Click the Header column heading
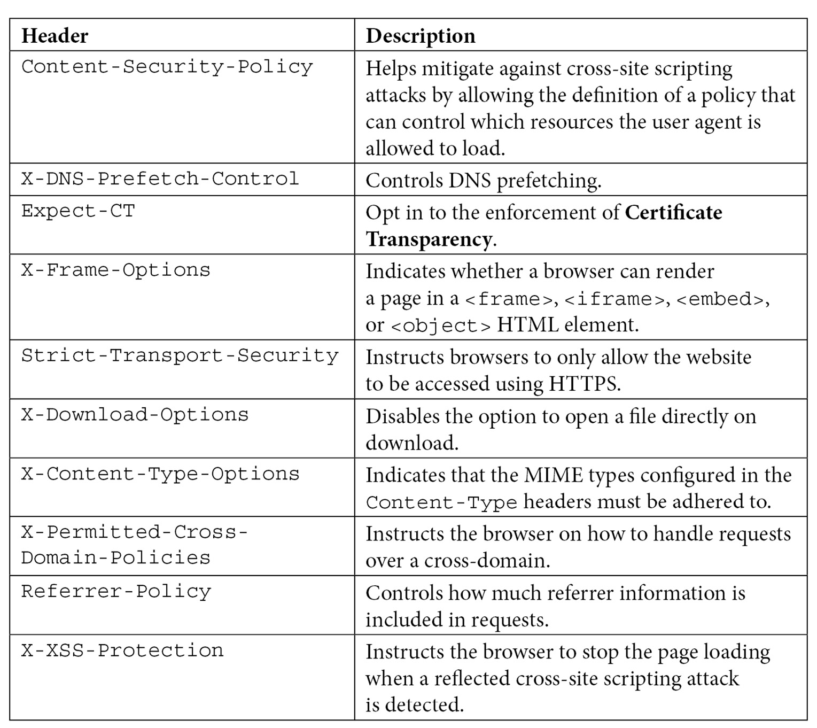click(x=55, y=36)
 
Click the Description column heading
click(x=421, y=36)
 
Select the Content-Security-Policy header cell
click(x=167, y=67)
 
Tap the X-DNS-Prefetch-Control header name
click(x=160, y=179)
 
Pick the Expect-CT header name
click(x=78, y=211)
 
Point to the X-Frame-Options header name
click(x=115, y=270)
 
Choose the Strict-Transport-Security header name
click(x=180, y=356)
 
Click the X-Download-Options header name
click(x=135, y=415)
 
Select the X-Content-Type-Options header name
click(x=160, y=474)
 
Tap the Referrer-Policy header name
click(x=116, y=592)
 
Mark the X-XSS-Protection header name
click(x=122, y=650)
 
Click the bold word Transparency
click(x=429, y=239)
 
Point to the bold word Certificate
click(x=673, y=213)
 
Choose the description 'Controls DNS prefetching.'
click(x=483, y=181)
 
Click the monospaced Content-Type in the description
click(x=441, y=502)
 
